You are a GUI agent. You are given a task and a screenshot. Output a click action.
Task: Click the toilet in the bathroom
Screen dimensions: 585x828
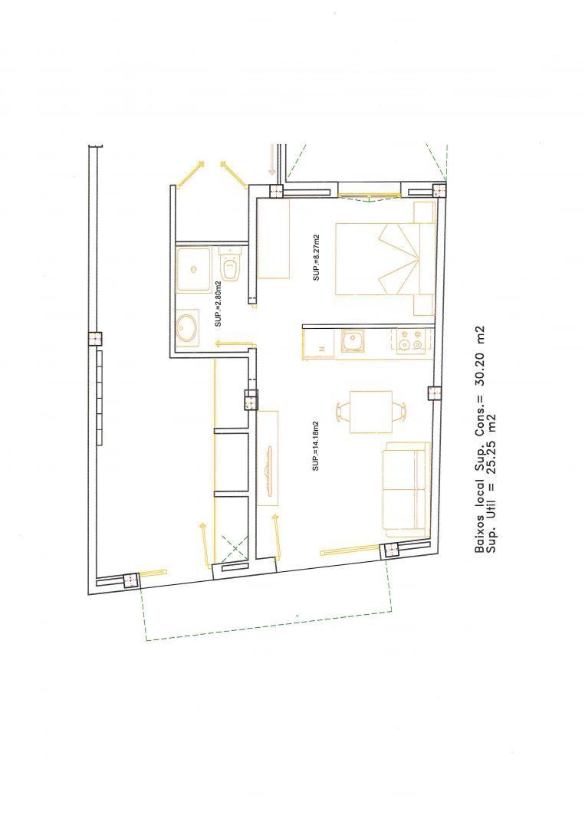[x=230, y=265]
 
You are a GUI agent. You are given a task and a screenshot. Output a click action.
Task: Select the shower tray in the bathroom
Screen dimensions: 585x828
[x=194, y=269]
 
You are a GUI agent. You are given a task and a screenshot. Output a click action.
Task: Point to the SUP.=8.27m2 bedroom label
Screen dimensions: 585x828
[x=316, y=257]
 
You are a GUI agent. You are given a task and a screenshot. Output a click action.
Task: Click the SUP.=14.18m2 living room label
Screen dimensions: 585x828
[x=316, y=445]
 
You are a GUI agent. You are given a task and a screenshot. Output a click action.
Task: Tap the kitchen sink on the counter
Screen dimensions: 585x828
[x=352, y=341]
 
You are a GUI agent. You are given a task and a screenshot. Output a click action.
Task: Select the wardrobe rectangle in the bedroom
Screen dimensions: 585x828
[x=274, y=239]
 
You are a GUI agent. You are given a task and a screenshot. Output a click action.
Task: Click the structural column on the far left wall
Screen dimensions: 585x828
[x=95, y=339]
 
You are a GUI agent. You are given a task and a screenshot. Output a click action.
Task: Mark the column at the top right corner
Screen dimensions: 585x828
[x=439, y=189]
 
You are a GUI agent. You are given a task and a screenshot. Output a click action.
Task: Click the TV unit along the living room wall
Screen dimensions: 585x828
[x=268, y=457]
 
